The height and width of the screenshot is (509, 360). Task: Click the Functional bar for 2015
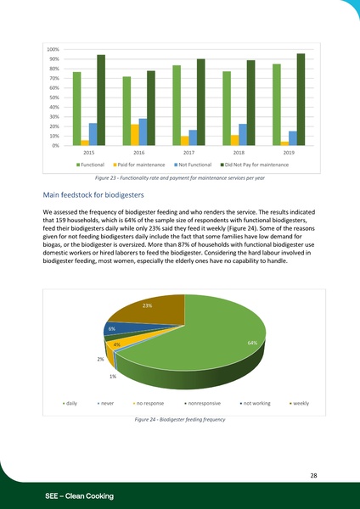pos(76,109)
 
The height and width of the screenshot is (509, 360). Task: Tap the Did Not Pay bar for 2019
pos(301,99)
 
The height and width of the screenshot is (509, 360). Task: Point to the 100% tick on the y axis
pos(53,50)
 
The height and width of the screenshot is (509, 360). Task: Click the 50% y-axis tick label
pos(53,98)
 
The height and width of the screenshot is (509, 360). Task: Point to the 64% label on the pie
pos(252,343)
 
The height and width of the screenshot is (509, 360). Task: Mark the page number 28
pos(313,476)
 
